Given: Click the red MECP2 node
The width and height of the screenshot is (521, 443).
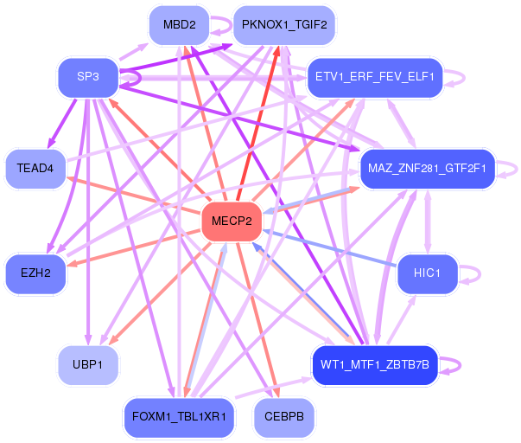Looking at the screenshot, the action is click(x=232, y=221).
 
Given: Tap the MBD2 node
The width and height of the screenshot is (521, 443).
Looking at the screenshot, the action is click(x=179, y=25).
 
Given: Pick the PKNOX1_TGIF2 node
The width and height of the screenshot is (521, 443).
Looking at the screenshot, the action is click(x=284, y=25).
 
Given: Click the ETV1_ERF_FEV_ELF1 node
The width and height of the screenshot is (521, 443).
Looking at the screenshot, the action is click(x=375, y=78).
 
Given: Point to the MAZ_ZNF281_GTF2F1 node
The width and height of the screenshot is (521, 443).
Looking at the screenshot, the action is click(x=428, y=169).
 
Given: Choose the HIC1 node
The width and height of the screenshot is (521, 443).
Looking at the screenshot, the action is click(x=428, y=273).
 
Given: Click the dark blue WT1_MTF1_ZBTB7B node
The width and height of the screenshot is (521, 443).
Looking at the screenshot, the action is click(x=375, y=365).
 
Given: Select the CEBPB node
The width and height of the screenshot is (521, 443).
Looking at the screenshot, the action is click(x=284, y=417).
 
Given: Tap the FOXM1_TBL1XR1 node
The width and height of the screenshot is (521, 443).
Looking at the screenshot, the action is click(x=179, y=417).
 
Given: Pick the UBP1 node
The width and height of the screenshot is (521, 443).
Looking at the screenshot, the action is click(x=88, y=365).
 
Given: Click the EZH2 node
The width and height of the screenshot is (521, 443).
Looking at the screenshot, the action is click(x=35, y=273).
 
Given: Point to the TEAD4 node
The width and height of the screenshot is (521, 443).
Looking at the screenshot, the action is click(x=35, y=169).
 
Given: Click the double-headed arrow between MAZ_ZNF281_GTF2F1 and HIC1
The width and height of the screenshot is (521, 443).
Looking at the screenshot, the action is click(x=428, y=221).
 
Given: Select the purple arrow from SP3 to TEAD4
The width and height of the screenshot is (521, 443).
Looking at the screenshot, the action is click(x=62, y=123).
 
